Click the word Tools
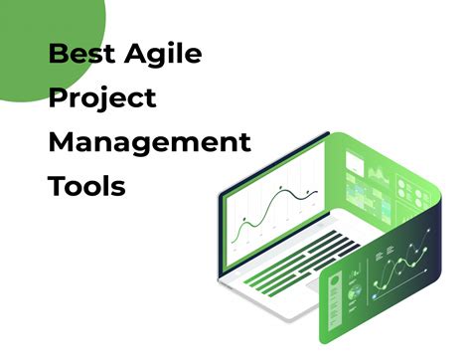[86, 186]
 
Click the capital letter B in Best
[57, 55]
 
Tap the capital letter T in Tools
[56, 186]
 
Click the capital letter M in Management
[61, 143]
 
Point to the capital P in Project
[56, 98]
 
